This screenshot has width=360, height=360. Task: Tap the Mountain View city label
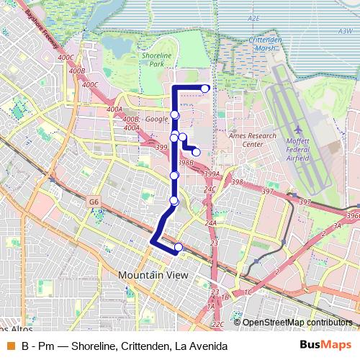click(153, 275)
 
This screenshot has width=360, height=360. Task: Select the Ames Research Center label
click(251, 140)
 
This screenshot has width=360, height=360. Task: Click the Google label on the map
click(156, 120)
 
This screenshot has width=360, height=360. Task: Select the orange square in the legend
click(10, 346)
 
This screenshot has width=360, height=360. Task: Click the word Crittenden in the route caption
click(145, 346)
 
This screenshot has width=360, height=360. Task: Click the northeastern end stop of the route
click(205, 89)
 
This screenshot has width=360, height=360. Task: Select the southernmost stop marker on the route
click(179, 248)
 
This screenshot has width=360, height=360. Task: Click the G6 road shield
click(94, 203)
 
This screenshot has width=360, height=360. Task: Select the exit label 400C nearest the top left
click(66, 57)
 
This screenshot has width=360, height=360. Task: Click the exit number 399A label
click(211, 174)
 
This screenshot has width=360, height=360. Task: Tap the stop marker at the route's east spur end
click(196, 152)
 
